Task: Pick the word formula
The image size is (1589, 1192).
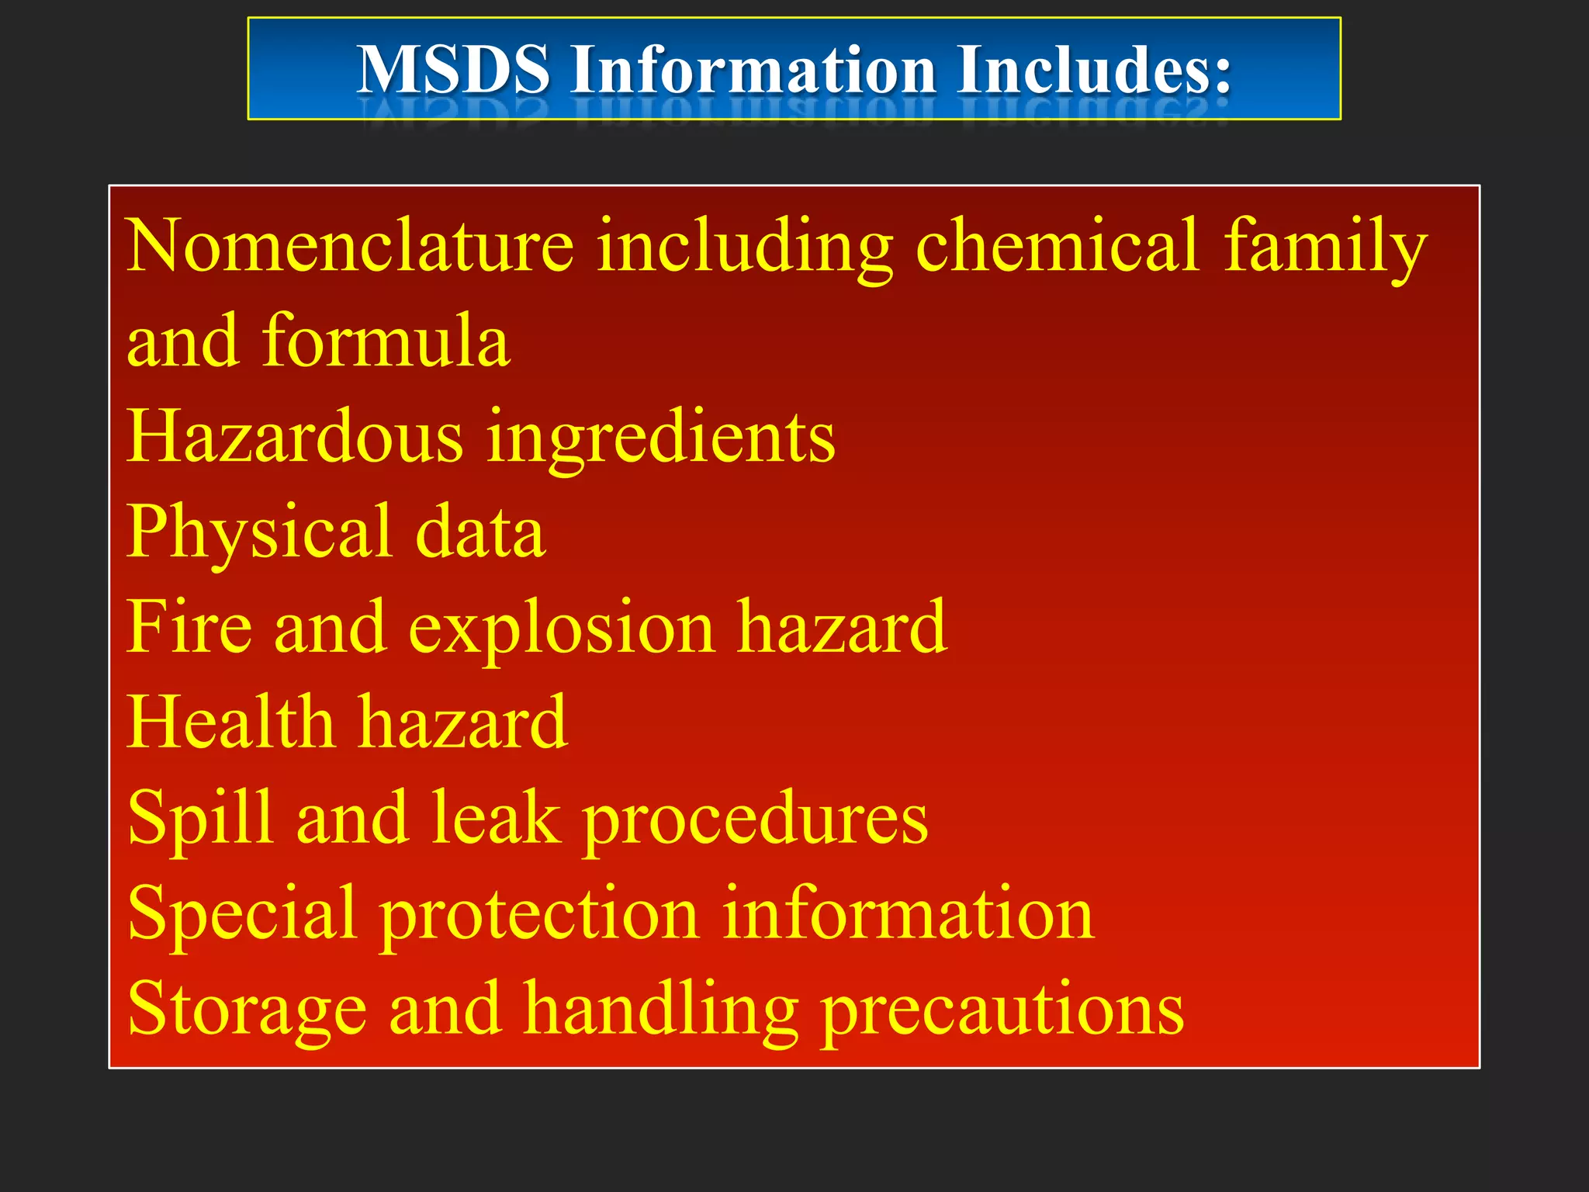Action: point(386,341)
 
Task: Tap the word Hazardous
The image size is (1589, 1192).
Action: point(295,436)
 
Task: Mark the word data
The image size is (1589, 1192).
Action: point(480,532)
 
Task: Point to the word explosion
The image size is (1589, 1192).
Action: point(561,629)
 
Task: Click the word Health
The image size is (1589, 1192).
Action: point(230,722)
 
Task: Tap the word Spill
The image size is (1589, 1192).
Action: point(200,819)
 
